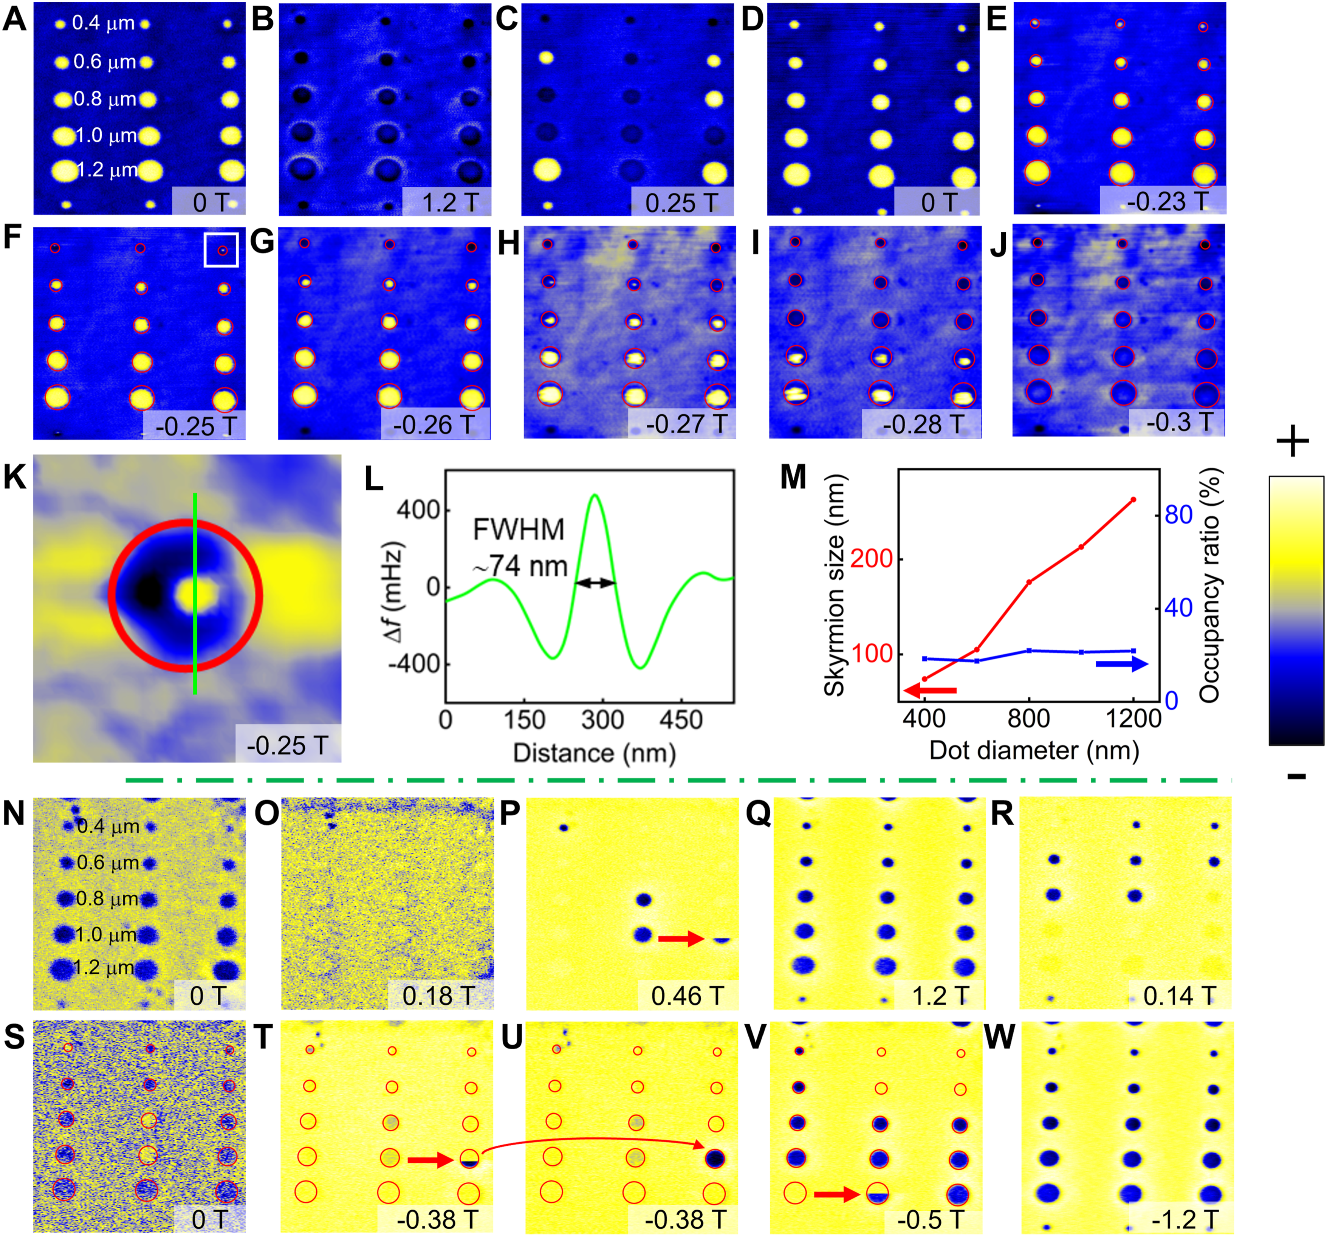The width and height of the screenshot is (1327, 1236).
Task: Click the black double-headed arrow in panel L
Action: pos(595,582)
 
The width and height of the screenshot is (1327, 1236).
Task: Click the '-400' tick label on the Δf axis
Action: pos(414,664)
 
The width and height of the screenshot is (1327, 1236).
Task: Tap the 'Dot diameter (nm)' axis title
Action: pos(1034,750)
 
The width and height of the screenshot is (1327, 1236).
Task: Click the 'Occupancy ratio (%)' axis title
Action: pos(1209,585)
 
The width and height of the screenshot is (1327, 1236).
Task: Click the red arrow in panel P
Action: pos(681,939)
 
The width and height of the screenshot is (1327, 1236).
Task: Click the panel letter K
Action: pos(15,478)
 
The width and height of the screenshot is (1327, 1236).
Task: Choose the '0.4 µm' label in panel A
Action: pos(104,23)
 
